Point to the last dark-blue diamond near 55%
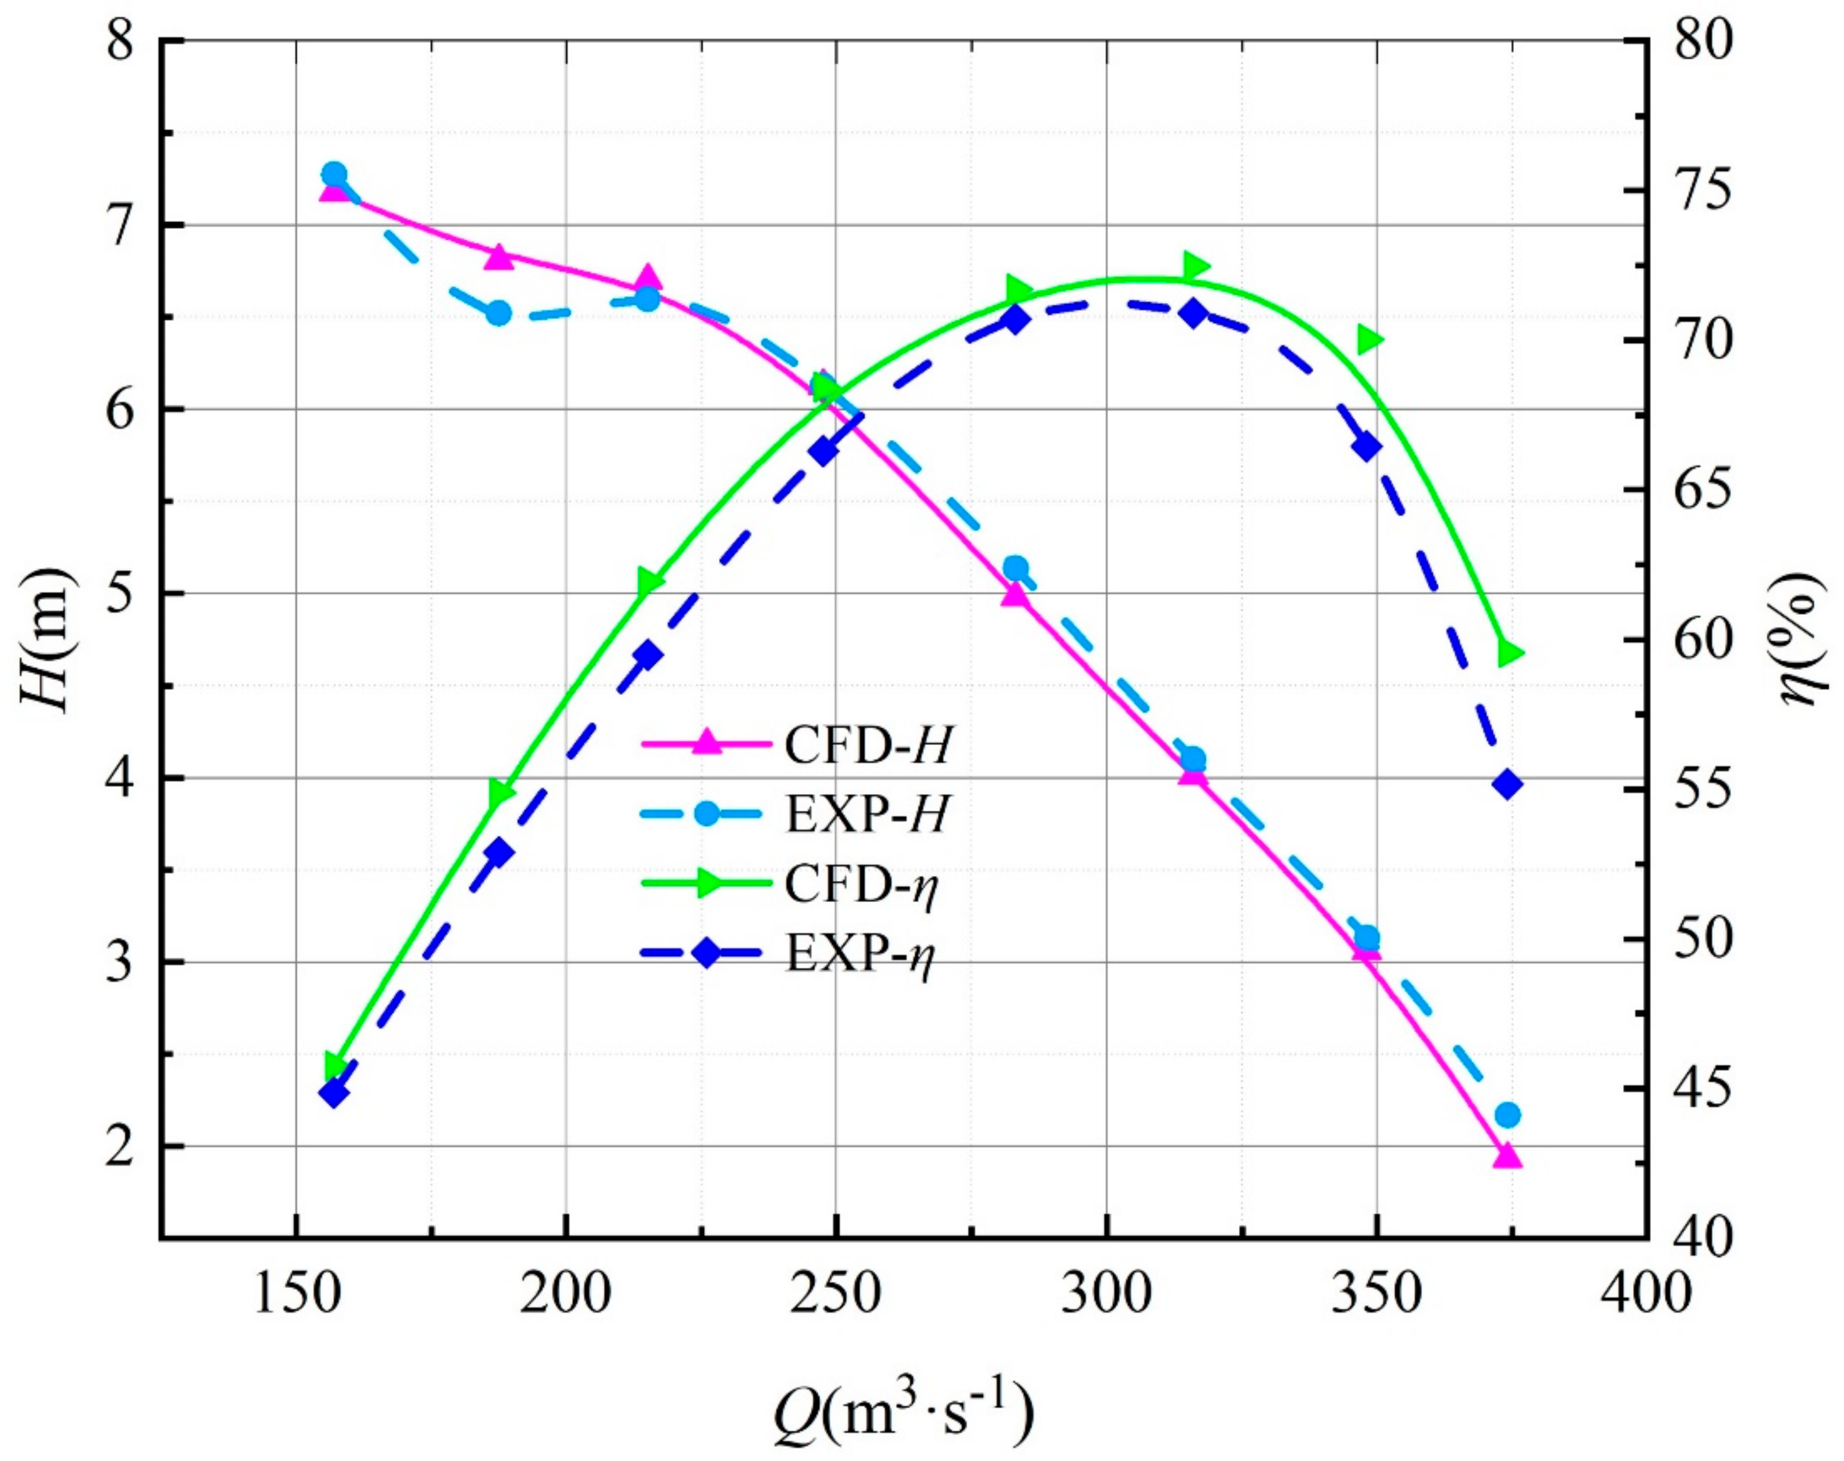point(1508,784)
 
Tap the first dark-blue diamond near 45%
point(334,1092)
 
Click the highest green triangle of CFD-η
point(1196,266)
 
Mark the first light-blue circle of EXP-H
point(334,174)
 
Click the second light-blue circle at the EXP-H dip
point(499,313)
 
